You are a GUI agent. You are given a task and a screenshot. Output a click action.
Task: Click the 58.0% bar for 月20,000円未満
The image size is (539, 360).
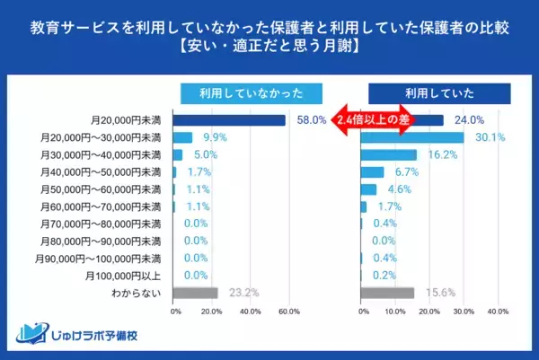click(229, 120)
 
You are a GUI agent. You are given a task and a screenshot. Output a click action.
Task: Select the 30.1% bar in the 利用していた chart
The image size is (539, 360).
click(411, 137)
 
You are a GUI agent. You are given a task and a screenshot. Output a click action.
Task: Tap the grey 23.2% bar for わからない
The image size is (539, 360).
click(195, 293)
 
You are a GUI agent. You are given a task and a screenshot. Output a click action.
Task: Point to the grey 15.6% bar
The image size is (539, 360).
click(387, 293)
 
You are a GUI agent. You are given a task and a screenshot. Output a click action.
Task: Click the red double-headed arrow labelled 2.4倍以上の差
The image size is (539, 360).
click(376, 120)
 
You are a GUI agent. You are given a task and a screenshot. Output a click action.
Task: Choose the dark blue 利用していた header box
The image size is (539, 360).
click(439, 93)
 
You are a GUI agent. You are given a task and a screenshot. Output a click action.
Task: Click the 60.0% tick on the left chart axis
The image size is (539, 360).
click(289, 312)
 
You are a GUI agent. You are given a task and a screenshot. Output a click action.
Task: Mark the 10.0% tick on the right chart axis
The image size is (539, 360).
click(396, 312)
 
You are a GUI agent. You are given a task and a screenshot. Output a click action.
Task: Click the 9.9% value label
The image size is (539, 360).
click(214, 137)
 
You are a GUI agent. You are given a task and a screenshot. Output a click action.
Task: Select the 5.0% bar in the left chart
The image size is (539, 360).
click(178, 154)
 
